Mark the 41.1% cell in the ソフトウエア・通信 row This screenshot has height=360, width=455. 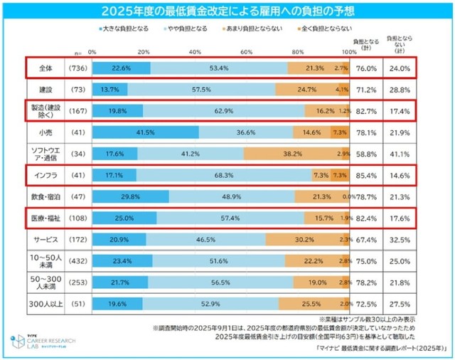click(x=398, y=154)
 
